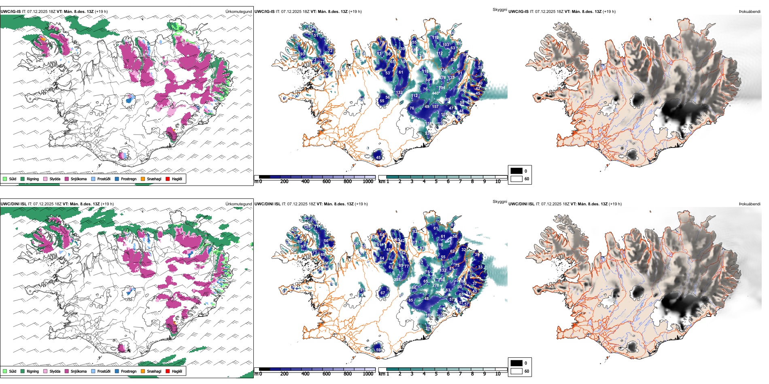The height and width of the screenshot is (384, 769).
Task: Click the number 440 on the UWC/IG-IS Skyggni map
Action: coord(435,93)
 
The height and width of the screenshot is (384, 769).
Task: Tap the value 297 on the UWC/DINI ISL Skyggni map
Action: coord(397,279)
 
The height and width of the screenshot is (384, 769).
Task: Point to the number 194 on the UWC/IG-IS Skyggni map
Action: coord(442,88)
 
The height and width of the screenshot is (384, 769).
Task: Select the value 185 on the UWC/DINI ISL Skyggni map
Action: coord(429,315)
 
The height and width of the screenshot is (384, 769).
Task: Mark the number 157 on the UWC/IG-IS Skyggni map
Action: coord(435,107)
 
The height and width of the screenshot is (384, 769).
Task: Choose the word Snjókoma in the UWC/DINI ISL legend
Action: coord(79,371)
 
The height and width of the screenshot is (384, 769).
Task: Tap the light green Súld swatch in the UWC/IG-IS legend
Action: coord(5,179)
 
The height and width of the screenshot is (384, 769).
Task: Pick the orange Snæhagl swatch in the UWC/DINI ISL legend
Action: coord(143,371)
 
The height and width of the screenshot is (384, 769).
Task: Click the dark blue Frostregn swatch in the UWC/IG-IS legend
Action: coord(117,179)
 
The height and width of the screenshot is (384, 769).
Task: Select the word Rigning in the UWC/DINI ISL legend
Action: coord(33,371)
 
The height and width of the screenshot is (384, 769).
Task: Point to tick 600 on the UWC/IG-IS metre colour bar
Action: coord(327,181)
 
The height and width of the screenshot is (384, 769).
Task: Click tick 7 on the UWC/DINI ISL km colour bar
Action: coord(460,374)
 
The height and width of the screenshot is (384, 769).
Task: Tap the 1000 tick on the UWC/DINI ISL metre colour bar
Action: coord(368,374)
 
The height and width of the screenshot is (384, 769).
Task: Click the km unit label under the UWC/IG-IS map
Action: coord(381,181)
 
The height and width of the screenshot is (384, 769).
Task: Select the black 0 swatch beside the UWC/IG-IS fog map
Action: coord(516,171)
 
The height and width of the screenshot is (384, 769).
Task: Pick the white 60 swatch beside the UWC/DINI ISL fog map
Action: coord(516,371)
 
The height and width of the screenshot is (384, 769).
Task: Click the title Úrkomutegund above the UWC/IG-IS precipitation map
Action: coord(238,12)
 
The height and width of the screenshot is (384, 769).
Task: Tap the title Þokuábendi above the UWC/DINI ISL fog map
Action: coord(750,204)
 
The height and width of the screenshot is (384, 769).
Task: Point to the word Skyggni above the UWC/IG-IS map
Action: coord(499,10)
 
